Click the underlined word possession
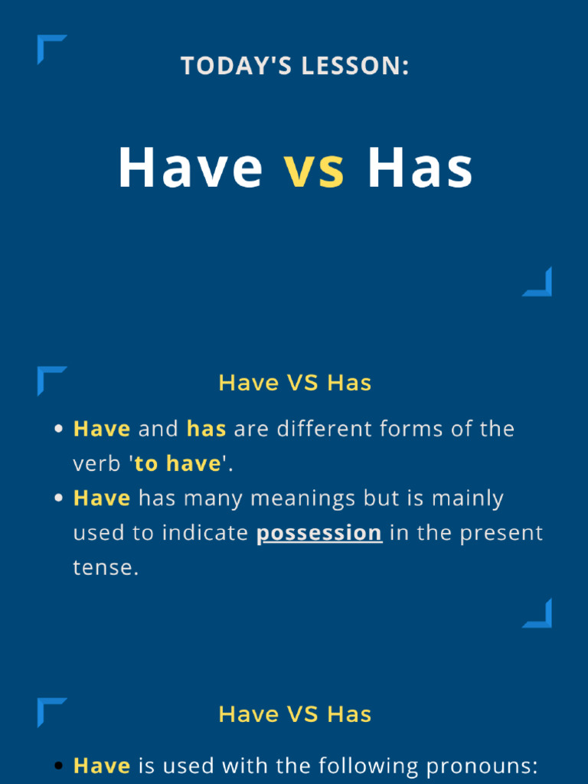coord(319,533)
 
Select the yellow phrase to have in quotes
coord(178,464)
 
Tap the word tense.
coord(106,567)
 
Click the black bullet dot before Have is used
coord(59,766)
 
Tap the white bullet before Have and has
coord(59,429)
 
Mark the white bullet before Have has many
coord(59,498)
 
